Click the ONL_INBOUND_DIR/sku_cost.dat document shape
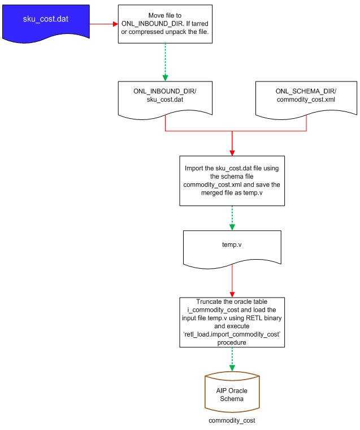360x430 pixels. click(x=164, y=96)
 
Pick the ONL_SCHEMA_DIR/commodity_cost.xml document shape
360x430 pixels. click(x=306, y=96)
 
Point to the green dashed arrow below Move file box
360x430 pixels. click(x=165, y=62)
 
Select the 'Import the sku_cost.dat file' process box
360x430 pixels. click(x=232, y=180)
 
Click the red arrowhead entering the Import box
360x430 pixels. click(x=232, y=151)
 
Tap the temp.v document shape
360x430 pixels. click(x=232, y=247)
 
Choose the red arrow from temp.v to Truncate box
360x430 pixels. click(x=232, y=280)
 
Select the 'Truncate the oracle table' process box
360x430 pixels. click(x=232, y=322)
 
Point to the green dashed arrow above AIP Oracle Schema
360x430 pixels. click(x=232, y=359)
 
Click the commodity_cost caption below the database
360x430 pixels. click(x=232, y=421)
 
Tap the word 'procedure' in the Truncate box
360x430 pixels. click(x=232, y=342)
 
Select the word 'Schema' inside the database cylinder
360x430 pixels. click(x=232, y=399)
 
